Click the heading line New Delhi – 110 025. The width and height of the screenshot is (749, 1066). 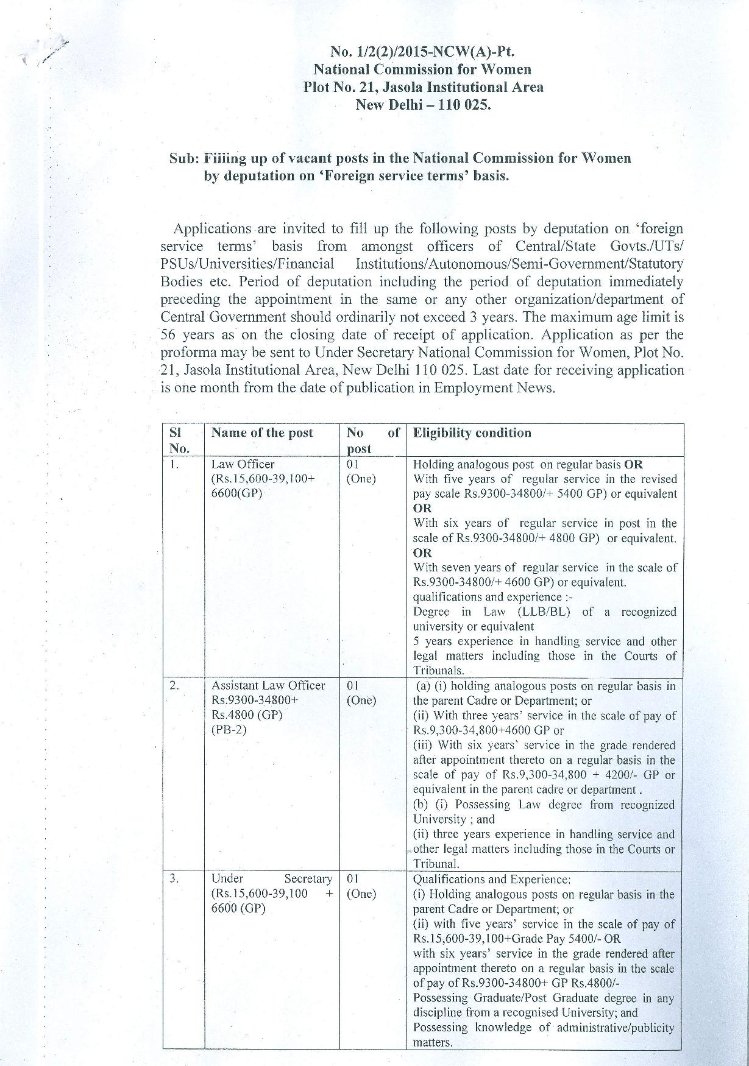tap(423, 104)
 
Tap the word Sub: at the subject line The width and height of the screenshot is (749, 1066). tap(184, 158)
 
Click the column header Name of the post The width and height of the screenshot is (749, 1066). tap(261, 433)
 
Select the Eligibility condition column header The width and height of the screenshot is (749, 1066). tap(472, 433)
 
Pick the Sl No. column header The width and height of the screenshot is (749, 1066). tap(179, 440)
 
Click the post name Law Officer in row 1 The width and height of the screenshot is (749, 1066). tap(243, 464)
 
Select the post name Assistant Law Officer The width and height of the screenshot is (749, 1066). tap(268, 685)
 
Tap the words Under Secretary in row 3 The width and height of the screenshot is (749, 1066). tap(271, 879)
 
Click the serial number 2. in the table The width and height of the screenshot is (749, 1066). tap(174, 685)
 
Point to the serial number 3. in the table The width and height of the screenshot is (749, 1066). tap(174, 879)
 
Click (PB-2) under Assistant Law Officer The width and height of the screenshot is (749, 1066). tap(229, 729)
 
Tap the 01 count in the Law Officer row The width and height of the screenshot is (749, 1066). tap(353, 464)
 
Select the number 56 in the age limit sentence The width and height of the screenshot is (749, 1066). tap(169, 335)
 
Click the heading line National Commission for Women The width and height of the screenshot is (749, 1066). tap(423, 69)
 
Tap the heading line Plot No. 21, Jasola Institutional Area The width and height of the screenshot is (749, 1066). tap(423, 86)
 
